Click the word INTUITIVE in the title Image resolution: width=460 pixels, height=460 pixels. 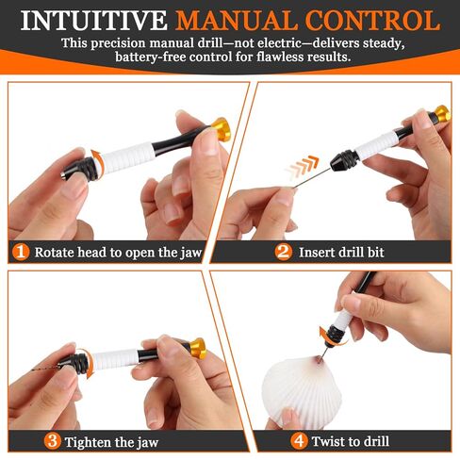pos(94,21)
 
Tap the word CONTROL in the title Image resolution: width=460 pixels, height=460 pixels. pos(373,21)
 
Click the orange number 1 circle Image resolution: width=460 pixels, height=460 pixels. pos(21,252)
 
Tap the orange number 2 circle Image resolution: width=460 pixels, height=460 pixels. pos(284,252)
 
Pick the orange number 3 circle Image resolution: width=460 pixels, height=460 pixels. pos(52,441)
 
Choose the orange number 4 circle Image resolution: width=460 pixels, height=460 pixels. pos(299,441)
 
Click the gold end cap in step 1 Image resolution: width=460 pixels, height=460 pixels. pos(222,129)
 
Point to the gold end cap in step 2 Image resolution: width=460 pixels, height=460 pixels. pos(441,114)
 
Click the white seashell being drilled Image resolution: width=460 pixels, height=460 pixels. pos(302,393)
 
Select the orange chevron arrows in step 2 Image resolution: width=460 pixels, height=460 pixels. pos(303,167)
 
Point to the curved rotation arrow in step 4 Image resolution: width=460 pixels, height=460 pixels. pos(328,337)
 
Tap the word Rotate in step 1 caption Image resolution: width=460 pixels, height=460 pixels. pos(55,253)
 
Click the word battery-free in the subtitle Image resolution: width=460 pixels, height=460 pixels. pos(151,57)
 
